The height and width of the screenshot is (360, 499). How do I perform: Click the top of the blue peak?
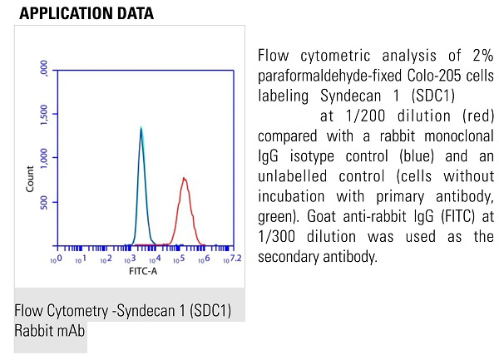pyautogui.click(x=141, y=127)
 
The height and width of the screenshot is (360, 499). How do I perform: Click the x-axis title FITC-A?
pyautogui.click(x=142, y=271)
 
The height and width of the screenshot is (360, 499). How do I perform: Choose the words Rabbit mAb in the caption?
pyautogui.click(x=50, y=330)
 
